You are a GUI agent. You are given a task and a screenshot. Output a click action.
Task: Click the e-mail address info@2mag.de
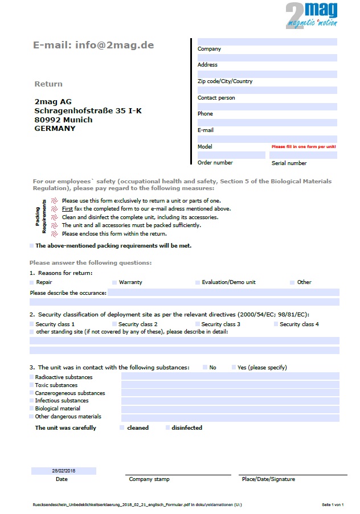click(x=93, y=45)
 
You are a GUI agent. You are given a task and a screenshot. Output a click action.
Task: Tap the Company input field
click(x=267, y=42)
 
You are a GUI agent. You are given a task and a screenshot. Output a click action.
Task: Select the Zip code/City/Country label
click(x=225, y=81)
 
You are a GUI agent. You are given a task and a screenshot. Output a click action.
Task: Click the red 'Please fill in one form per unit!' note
click(x=304, y=147)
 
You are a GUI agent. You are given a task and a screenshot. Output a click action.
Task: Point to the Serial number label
click(x=289, y=163)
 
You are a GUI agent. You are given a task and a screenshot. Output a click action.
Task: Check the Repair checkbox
click(x=32, y=282)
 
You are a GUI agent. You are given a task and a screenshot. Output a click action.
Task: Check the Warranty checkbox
click(x=114, y=282)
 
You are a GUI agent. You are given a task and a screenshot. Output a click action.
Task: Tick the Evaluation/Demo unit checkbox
click(x=198, y=282)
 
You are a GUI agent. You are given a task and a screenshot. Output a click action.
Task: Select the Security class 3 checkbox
click(x=197, y=324)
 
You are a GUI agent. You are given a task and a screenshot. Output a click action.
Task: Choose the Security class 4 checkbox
click(x=276, y=324)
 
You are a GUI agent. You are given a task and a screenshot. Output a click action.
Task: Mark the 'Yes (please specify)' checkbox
click(x=234, y=368)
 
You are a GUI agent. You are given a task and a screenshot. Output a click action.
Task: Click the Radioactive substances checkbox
click(x=32, y=377)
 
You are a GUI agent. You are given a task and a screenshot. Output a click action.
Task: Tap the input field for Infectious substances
click(x=230, y=401)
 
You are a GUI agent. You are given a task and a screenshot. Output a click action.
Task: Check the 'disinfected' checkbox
click(x=167, y=427)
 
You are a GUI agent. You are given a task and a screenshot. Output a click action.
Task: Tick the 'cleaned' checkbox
click(x=122, y=427)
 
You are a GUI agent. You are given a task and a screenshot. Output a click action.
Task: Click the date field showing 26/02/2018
click(x=64, y=471)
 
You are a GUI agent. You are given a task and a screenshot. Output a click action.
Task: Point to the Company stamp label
click(x=149, y=479)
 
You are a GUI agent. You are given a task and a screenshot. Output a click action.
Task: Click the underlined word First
click(x=67, y=209)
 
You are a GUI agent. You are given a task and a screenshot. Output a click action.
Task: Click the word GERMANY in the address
click(x=55, y=129)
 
